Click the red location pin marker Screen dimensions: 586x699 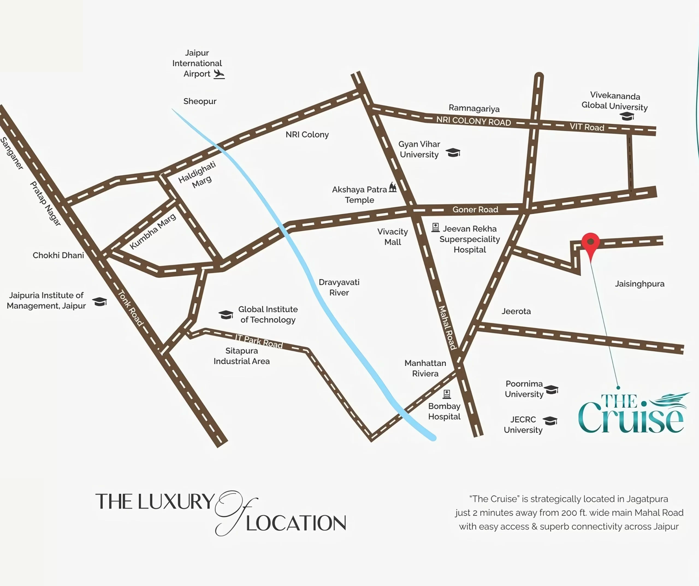tap(591, 242)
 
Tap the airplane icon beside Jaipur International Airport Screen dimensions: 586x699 tap(219, 74)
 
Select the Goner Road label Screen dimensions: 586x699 tap(475, 209)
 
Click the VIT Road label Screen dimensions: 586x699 tap(587, 127)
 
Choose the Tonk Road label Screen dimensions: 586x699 tap(131, 308)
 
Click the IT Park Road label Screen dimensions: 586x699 tap(259, 341)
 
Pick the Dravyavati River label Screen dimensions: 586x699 tap(339, 287)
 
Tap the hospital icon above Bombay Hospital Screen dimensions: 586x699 tap(447, 394)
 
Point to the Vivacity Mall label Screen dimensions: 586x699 tap(392, 237)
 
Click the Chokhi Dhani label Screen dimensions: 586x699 tap(58, 255)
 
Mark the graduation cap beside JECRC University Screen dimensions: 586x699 tap(550, 421)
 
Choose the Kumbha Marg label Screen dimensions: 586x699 tap(153, 231)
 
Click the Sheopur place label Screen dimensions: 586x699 tap(200, 101)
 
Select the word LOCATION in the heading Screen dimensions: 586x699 tap(296, 523)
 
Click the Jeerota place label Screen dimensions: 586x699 tap(516, 311)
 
